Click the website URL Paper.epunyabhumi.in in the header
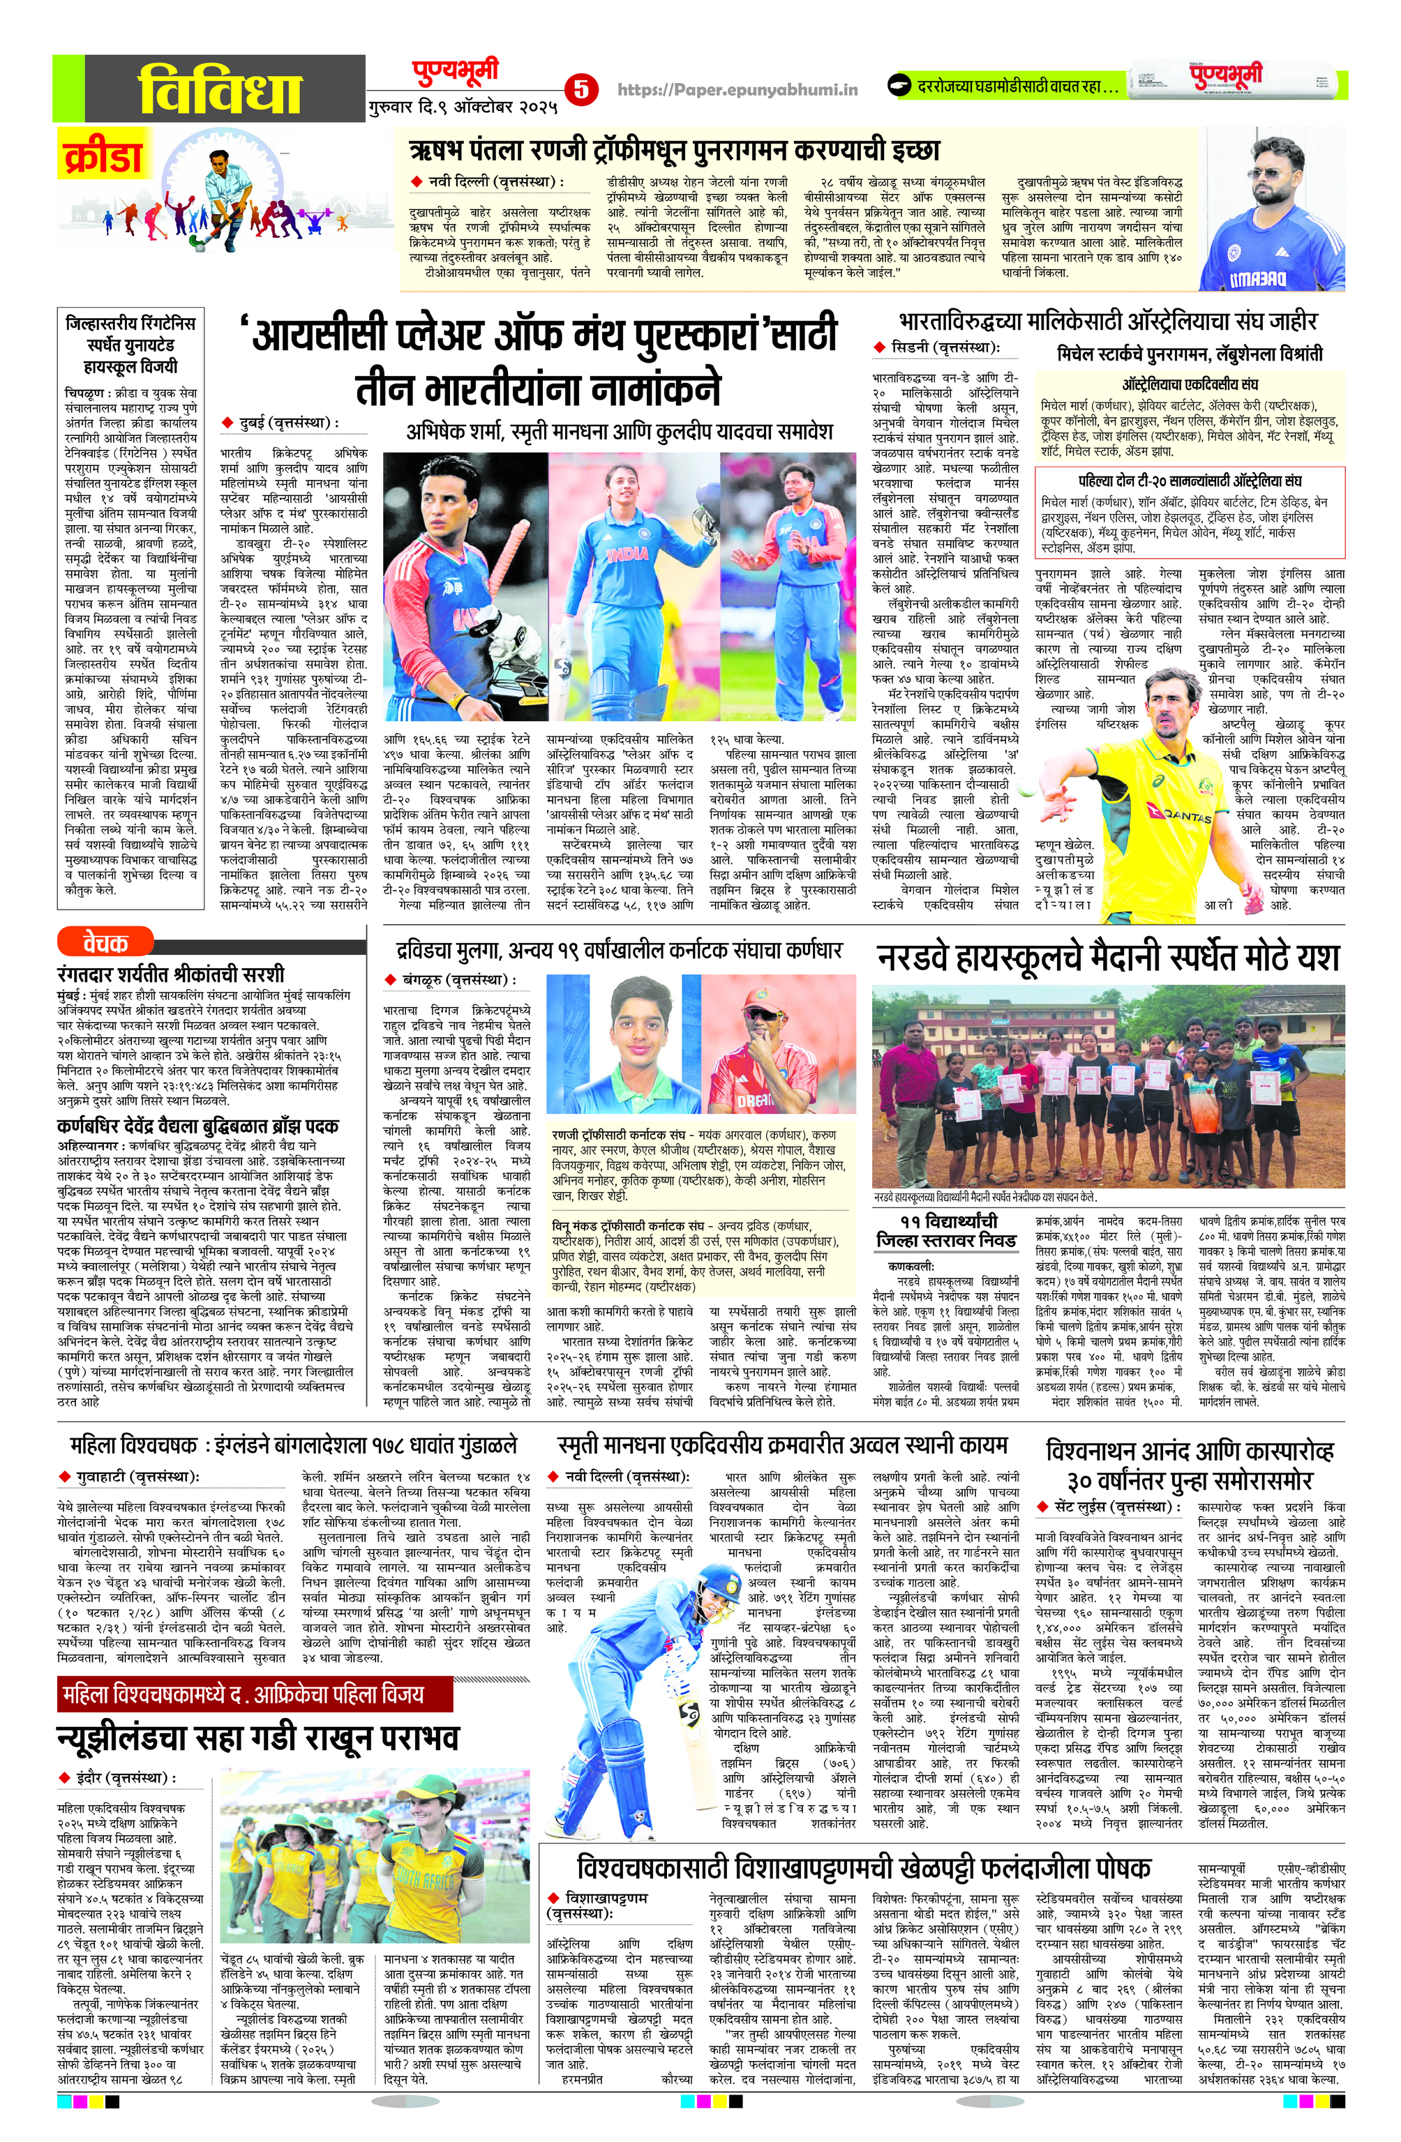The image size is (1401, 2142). point(737,89)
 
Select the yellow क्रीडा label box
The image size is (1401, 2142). point(103,155)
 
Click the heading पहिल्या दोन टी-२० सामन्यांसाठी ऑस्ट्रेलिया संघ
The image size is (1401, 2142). point(1190,481)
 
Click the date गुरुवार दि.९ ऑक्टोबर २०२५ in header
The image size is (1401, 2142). point(463,107)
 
